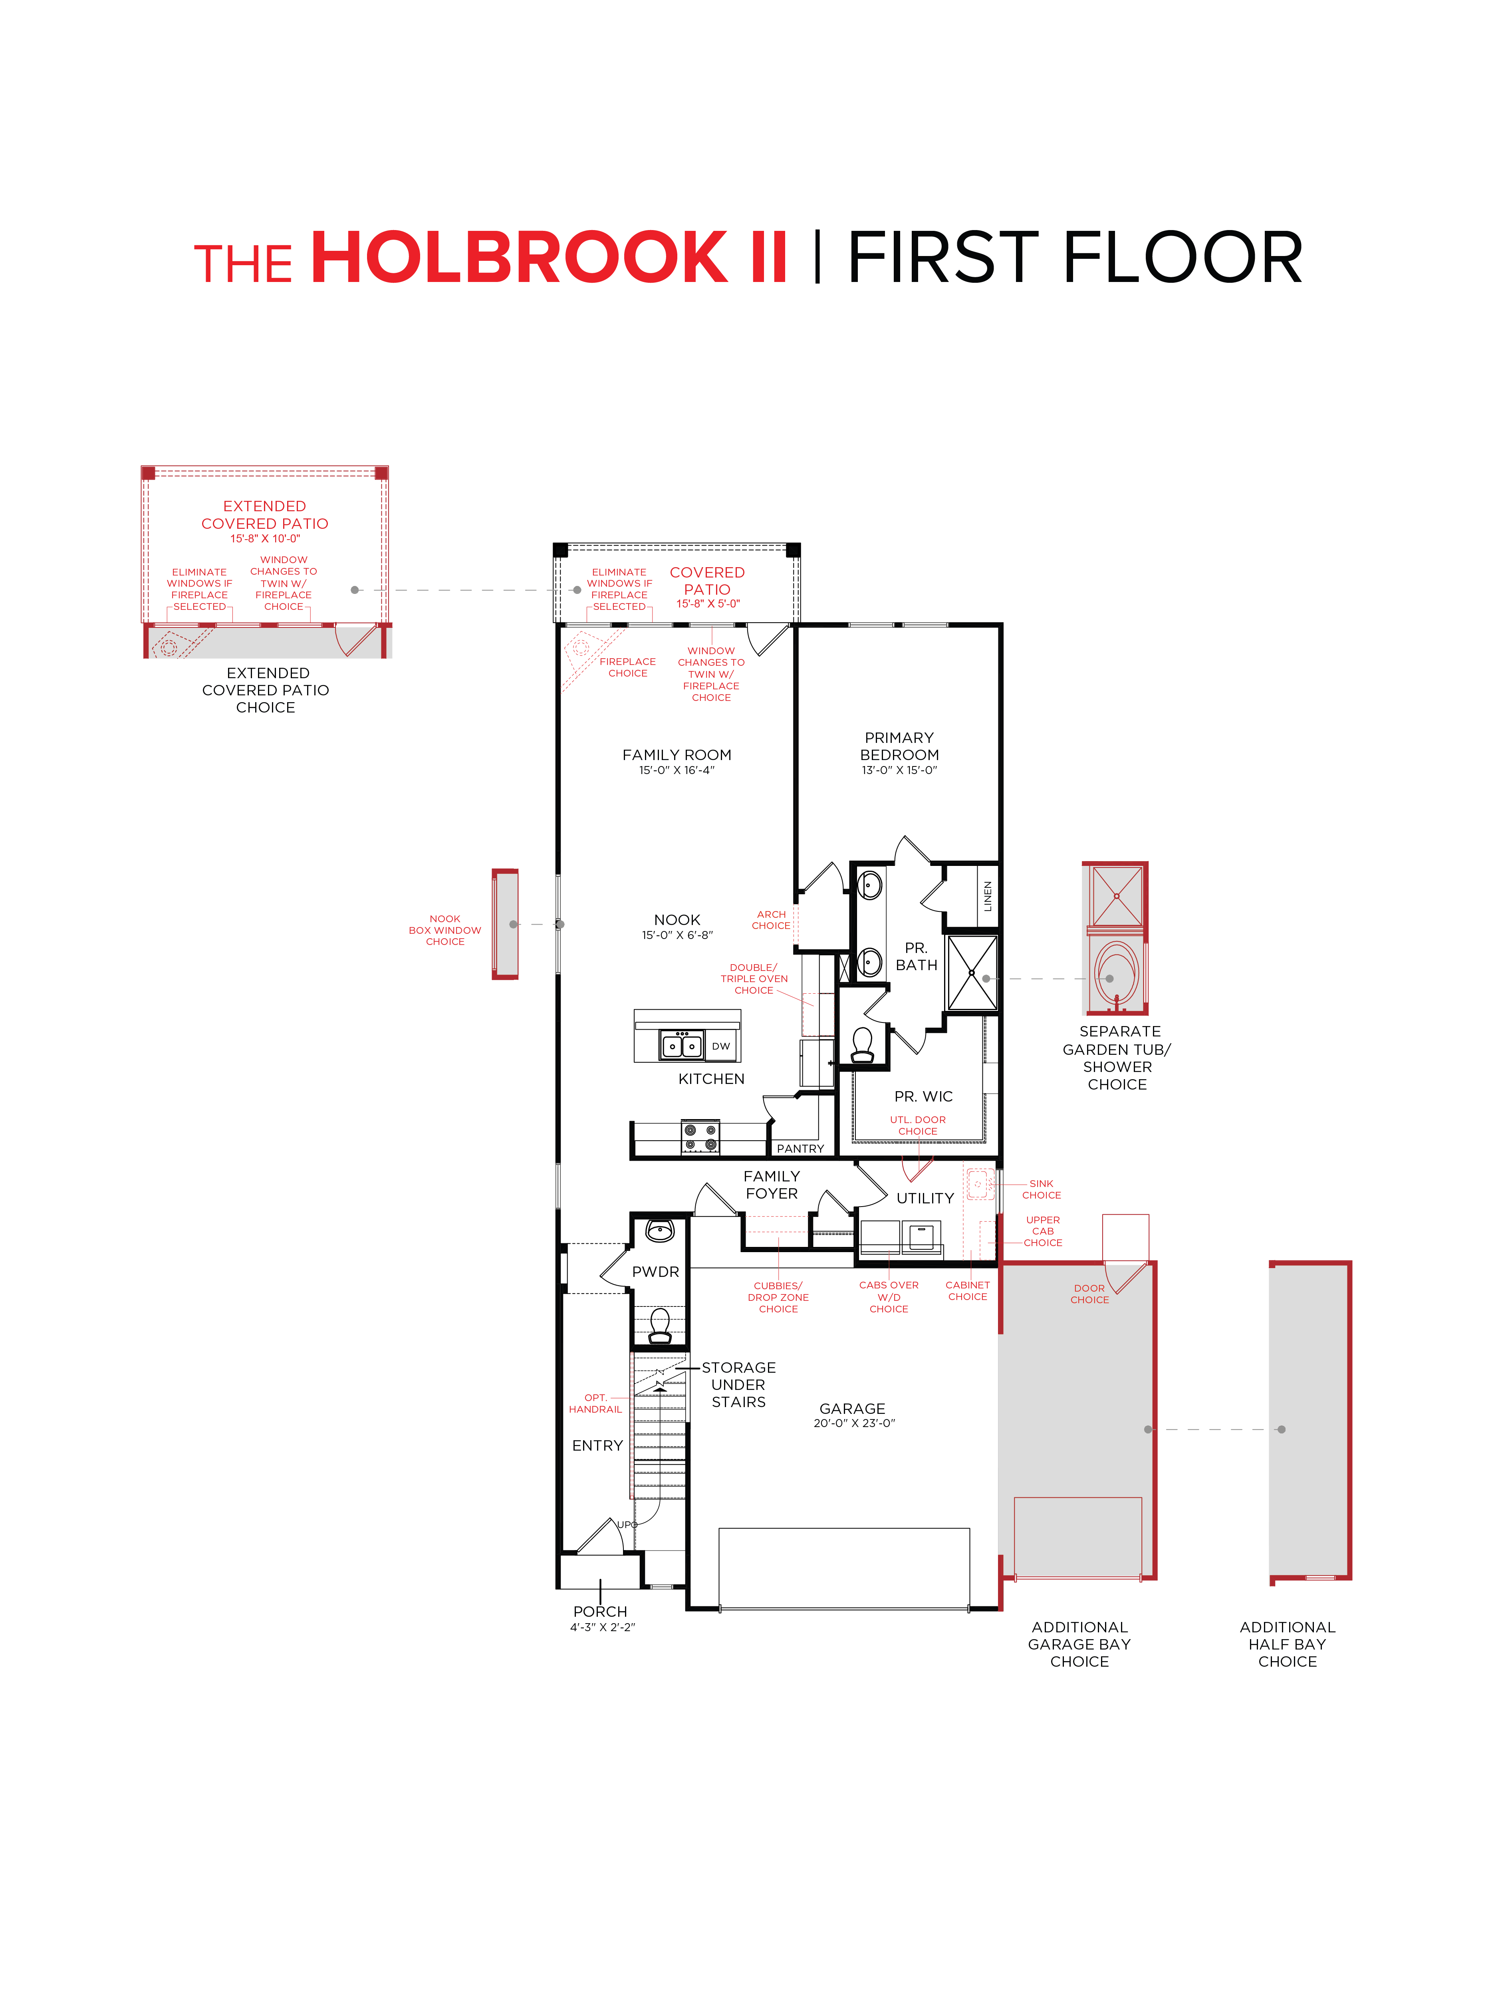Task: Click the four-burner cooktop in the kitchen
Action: click(x=700, y=1137)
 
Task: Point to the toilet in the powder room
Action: click(x=660, y=1325)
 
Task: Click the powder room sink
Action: click(x=660, y=1231)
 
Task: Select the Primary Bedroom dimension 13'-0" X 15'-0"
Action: click(x=899, y=770)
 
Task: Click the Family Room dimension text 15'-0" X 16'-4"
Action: click(x=676, y=770)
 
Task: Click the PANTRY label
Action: click(x=800, y=1148)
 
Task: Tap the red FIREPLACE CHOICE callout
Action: click(x=627, y=667)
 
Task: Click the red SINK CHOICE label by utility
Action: click(x=1041, y=1189)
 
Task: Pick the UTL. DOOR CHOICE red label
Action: click(x=917, y=1125)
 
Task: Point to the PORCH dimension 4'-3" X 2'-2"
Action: click(x=602, y=1627)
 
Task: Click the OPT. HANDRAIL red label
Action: click(x=595, y=1403)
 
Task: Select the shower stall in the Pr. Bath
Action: click(x=972, y=973)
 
